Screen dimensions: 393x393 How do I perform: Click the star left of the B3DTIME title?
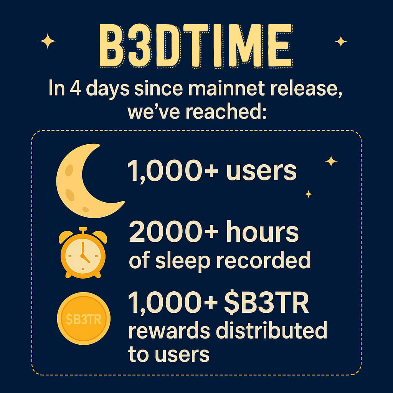pyautogui.click(x=48, y=41)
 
